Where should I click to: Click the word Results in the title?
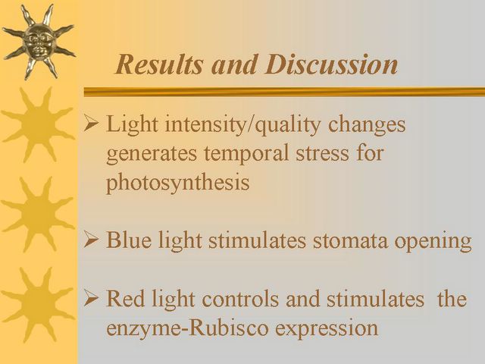point(159,64)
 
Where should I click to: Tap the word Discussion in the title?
point(331,64)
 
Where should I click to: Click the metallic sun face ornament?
point(39,41)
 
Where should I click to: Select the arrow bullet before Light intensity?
point(91,124)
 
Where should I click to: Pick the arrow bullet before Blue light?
point(91,240)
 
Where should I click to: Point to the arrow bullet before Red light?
point(91,299)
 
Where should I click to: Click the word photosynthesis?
point(177,183)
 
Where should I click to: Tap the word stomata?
point(350,240)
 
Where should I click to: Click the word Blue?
point(129,240)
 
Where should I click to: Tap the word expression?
point(327,329)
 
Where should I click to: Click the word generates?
point(152,155)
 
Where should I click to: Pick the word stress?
point(322,154)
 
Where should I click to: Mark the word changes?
point(367,125)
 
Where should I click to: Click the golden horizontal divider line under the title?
point(284,92)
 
